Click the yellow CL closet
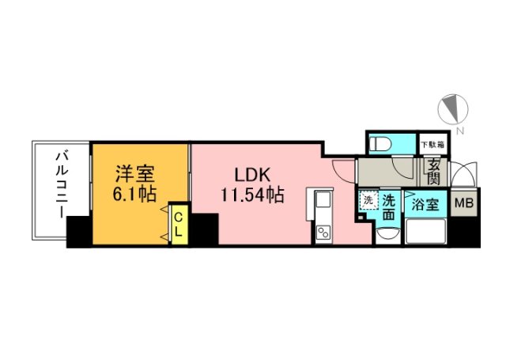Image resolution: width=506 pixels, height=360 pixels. coord(179,224)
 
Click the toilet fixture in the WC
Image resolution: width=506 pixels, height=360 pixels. coord(382,144)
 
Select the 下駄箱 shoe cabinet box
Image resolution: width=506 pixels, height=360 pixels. coord(432,145)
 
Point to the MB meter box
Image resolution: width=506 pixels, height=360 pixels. coord(463,203)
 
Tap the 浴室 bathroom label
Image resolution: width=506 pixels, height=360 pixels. coord(424,204)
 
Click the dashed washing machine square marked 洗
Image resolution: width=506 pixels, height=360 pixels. coord(368,201)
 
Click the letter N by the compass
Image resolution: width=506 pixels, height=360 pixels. coord(460,130)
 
